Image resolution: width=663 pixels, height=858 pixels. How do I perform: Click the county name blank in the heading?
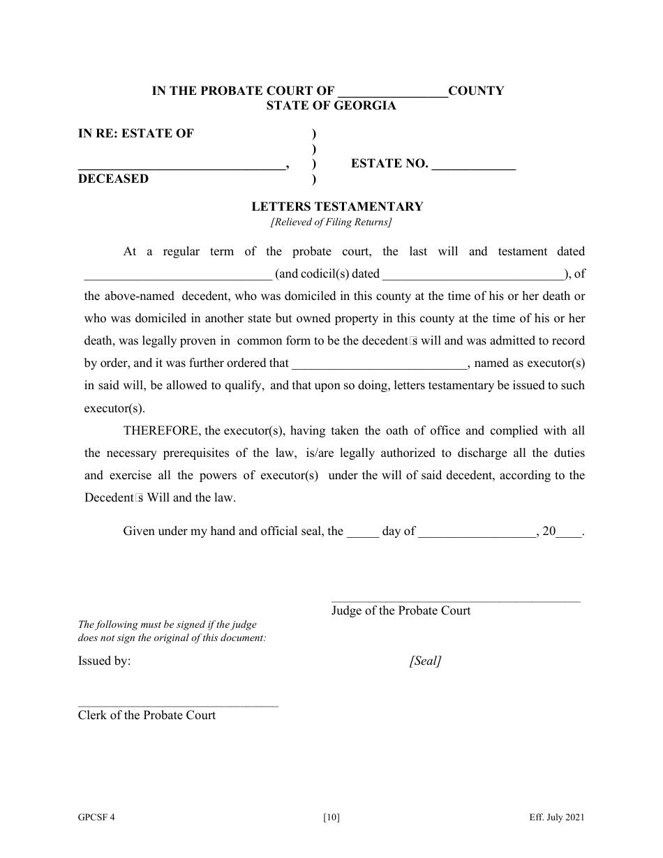point(392,92)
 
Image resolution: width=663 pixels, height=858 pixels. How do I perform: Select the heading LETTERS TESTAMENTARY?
point(337,206)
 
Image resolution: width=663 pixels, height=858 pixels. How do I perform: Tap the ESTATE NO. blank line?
point(474,166)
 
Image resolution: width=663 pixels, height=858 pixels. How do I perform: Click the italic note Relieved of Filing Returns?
point(331,223)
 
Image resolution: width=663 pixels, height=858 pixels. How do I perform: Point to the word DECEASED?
point(113,179)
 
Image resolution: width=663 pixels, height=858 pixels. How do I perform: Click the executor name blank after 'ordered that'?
point(378,364)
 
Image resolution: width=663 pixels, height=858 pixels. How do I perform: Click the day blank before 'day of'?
point(363,532)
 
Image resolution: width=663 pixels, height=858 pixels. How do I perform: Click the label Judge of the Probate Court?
point(401,610)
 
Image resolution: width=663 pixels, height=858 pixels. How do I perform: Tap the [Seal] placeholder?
point(425,661)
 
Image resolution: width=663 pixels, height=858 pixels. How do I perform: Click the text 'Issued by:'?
point(104,661)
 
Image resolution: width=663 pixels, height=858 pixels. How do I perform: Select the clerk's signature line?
point(177,705)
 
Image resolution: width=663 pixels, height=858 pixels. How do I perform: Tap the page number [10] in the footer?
point(331,818)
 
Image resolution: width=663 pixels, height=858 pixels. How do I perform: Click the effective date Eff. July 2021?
point(556,818)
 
